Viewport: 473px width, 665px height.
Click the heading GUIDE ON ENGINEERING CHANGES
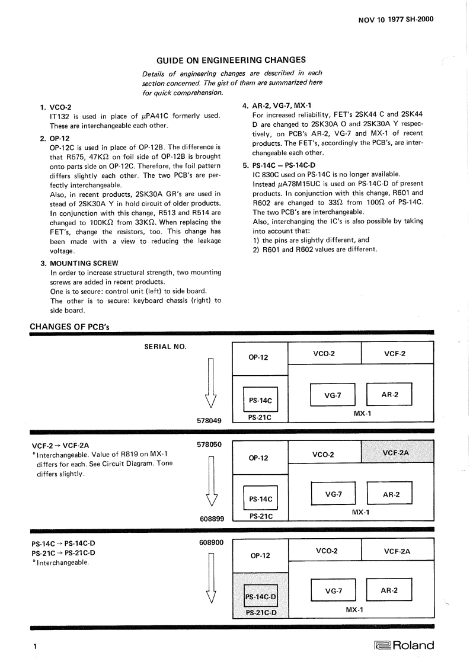(x=231, y=60)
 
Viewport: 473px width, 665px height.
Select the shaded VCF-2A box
(x=397, y=453)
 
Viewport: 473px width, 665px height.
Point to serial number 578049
(x=209, y=421)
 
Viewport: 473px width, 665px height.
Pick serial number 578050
(x=209, y=443)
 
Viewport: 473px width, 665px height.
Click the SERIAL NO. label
(x=165, y=346)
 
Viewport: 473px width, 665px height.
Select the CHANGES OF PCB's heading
(x=69, y=327)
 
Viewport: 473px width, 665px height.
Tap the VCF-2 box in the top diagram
(x=397, y=354)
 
